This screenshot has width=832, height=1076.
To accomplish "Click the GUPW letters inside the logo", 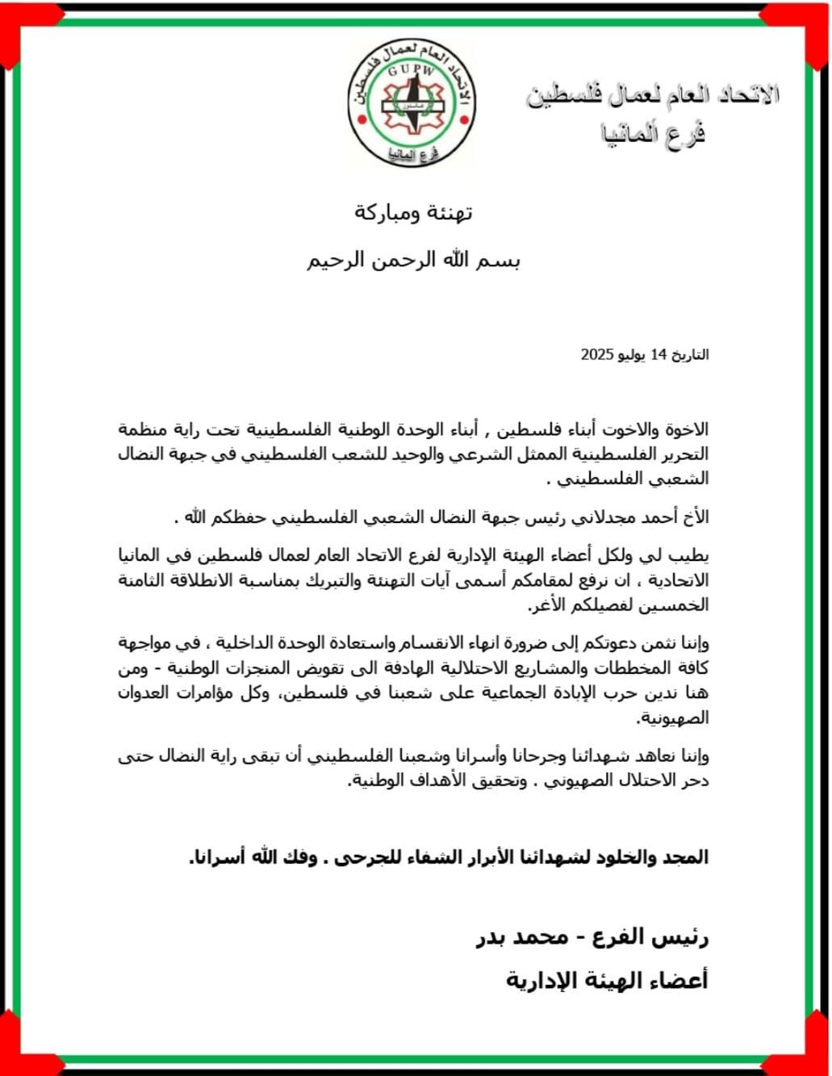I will click(x=412, y=71).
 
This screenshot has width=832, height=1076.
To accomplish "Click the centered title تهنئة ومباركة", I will click(x=414, y=213).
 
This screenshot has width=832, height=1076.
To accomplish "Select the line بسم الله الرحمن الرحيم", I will click(x=414, y=261).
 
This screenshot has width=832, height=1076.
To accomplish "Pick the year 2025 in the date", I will click(x=598, y=354).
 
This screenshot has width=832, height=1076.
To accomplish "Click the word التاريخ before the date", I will click(x=691, y=354).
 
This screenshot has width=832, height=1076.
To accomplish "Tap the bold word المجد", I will click(x=686, y=857).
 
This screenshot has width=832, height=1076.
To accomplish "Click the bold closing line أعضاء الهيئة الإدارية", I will click(x=607, y=980).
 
